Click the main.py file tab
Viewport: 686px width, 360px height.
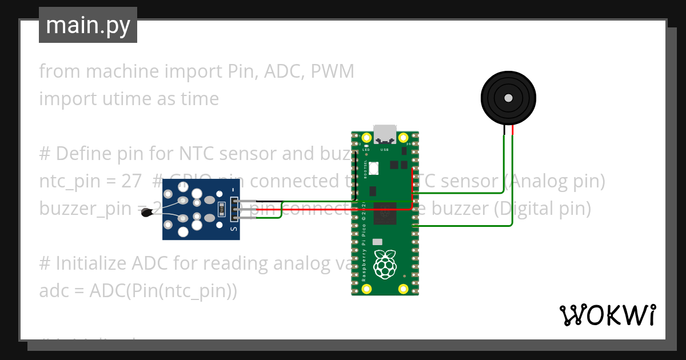pyautogui.click(x=88, y=25)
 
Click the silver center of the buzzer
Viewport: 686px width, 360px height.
pyautogui.click(x=508, y=98)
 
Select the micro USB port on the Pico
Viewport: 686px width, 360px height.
pyautogui.click(x=385, y=134)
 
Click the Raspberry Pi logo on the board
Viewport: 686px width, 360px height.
pyautogui.click(x=385, y=264)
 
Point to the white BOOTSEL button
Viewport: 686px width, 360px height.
pyautogui.click(x=374, y=168)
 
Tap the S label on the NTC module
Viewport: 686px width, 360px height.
pyautogui.click(x=233, y=228)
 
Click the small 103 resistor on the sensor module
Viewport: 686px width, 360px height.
pyautogui.click(x=221, y=209)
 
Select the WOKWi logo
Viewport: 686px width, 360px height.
pyautogui.click(x=607, y=315)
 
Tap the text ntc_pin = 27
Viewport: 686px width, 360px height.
pyautogui.click(x=90, y=181)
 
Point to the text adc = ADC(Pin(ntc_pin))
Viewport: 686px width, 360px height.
pyautogui.click(x=138, y=291)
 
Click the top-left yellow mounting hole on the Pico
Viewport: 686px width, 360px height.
pyautogui.click(x=366, y=138)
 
